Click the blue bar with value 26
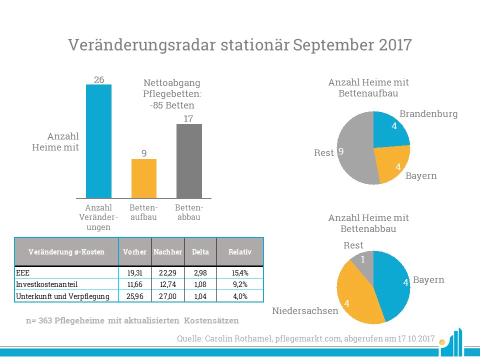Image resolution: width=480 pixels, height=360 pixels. [98, 141]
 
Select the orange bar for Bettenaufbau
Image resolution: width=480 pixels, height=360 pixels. [144, 178]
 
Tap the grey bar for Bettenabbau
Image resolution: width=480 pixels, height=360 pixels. [189, 161]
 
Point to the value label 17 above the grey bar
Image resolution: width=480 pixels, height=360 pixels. [189, 118]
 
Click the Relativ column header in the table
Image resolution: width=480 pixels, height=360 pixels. [239, 252]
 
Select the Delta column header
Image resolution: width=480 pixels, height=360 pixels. [200, 252]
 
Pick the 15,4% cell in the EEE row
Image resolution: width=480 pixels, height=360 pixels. [239, 273]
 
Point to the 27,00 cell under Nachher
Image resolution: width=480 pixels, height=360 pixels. [167, 296]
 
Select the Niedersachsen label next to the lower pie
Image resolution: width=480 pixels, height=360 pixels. [304, 311]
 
